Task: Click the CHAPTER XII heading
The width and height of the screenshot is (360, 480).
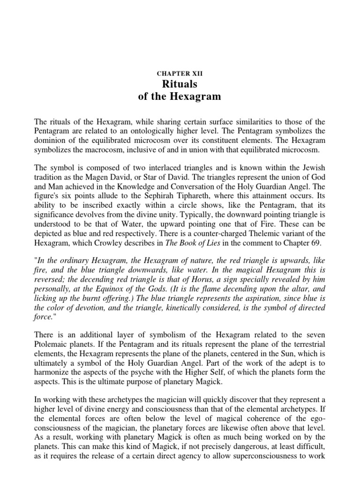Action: pos(180,74)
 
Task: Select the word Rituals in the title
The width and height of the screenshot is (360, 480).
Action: pos(180,84)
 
